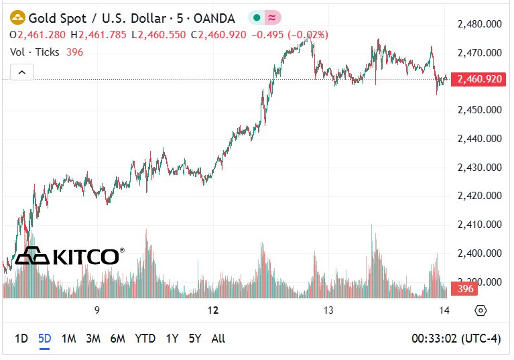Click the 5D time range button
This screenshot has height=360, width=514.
click(45, 338)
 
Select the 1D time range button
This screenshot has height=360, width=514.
click(21, 338)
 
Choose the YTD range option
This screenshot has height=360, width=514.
click(145, 338)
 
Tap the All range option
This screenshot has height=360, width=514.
click(218, 338)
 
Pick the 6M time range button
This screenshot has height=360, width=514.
click(118, 338)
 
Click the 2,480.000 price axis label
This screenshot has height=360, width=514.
click(480, 24)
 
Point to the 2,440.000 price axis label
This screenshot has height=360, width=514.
click(480, 139)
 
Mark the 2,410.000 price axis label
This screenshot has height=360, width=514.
click(480, 225)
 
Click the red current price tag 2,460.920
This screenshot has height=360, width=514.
click(479, 79)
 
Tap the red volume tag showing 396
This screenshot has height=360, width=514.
click(464, 288)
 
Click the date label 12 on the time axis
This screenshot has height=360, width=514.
click(213, 310)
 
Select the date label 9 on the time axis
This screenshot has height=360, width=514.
click(97, 310)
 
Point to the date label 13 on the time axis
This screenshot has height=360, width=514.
click(328, 310)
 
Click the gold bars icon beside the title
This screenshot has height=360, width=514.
click(17, 17)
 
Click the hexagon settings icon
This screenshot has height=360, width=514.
click(480, 310)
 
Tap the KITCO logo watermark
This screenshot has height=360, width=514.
click(70, 256)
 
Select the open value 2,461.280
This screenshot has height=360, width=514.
click(42, 34)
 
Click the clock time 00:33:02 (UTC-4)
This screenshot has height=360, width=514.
click(456, 338)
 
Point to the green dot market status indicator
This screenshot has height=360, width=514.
click(257, 17)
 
